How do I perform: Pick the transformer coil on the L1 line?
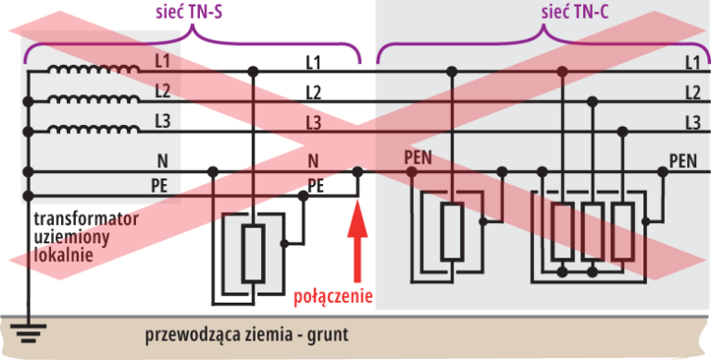coord(93,69)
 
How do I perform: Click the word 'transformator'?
coord(86,219)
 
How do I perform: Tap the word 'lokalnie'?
coord(63,254)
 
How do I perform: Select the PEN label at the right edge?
coord(682,161)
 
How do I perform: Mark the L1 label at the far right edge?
coord(692,63)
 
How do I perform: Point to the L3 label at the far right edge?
coord(692,122)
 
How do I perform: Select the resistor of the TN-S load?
coord(253,252)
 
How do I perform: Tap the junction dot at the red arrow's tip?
coord(358,171)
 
